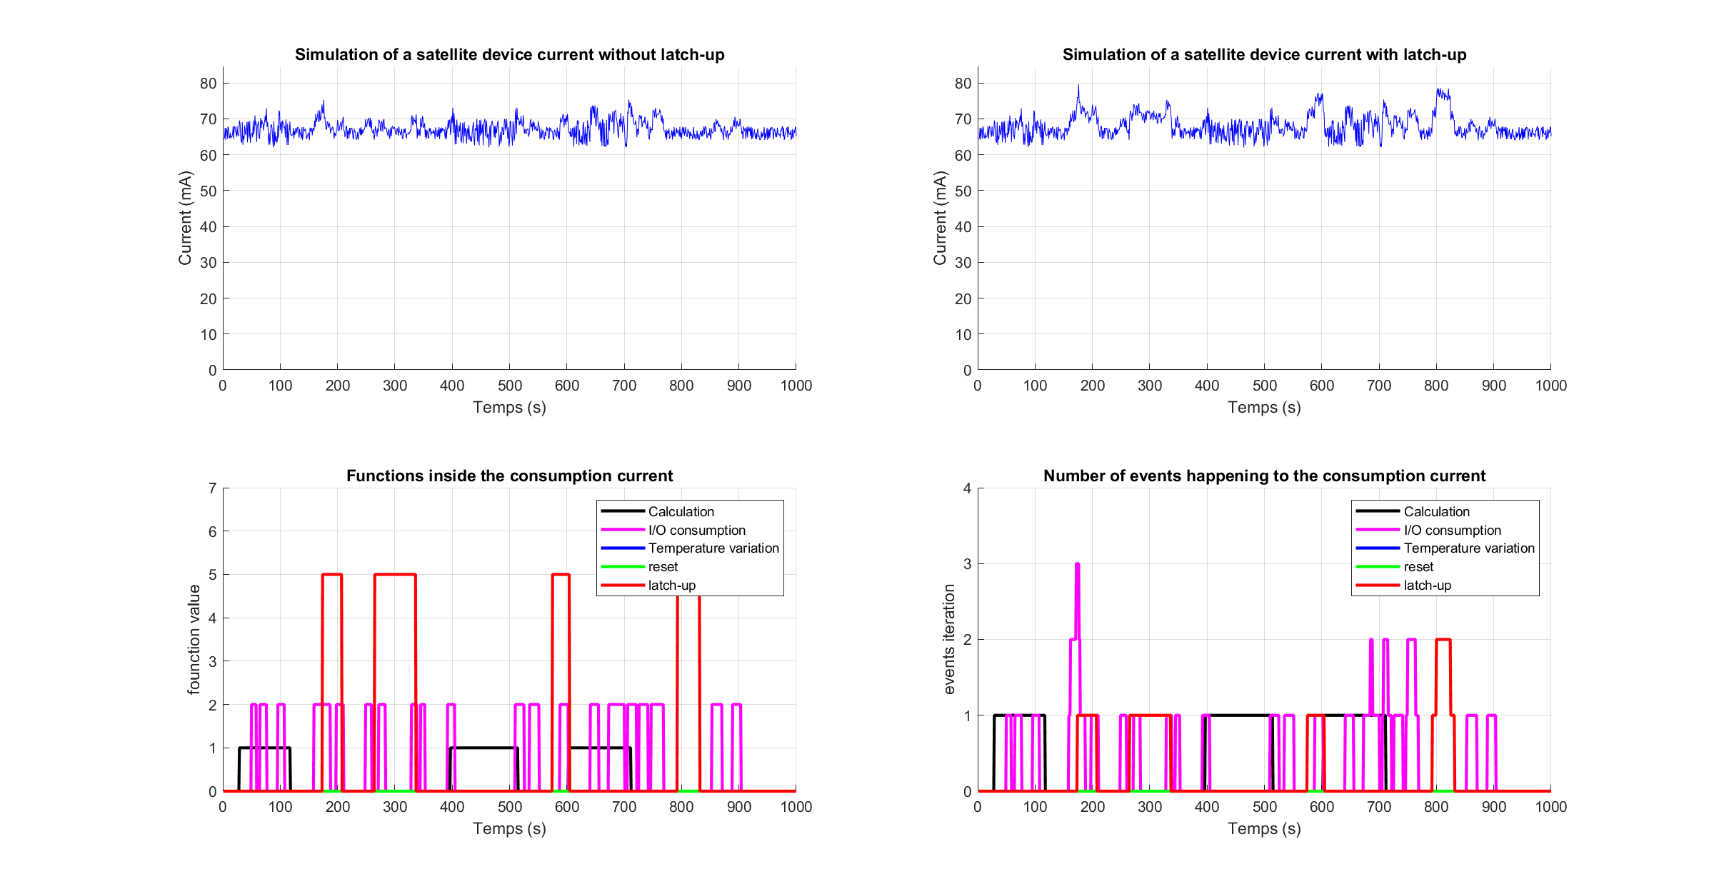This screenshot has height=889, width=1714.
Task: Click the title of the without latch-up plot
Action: click(509, 55)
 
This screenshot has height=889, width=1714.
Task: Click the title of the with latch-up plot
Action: click(1264, 55)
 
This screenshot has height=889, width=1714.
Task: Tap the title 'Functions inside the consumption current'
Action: click(509, 476)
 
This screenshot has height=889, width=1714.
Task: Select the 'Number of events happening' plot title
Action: click(1264, 476)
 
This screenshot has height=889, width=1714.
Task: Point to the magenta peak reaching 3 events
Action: click(1077, 566)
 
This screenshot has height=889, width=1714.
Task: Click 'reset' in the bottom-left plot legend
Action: click(663, 567)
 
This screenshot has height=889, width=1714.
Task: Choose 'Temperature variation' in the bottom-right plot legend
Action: click(1468, 548)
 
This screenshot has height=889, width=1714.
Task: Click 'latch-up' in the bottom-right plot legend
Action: click(1427, 586)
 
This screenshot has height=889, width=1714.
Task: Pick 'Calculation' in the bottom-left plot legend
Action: click(681, 512)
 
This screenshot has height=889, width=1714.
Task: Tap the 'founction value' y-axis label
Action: click(194, 639)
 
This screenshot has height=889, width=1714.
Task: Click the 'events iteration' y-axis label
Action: click(949, 639)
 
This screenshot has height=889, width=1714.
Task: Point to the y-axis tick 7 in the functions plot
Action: click(212, 488)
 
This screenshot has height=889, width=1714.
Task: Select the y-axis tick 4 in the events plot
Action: click(967, 488)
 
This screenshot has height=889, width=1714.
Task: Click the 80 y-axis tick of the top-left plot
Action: click(208, 84)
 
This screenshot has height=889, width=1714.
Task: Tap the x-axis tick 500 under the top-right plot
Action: click(1264, 386)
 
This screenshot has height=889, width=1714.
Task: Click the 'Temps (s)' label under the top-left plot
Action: click(509, 408)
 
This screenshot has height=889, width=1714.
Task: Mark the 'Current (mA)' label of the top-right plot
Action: click(940, 218)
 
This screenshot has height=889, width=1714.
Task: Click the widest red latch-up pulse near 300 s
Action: click(395, 575)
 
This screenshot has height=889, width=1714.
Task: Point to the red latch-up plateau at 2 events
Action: click(1443, 640)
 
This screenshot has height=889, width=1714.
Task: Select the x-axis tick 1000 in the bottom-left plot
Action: click(796, 807)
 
